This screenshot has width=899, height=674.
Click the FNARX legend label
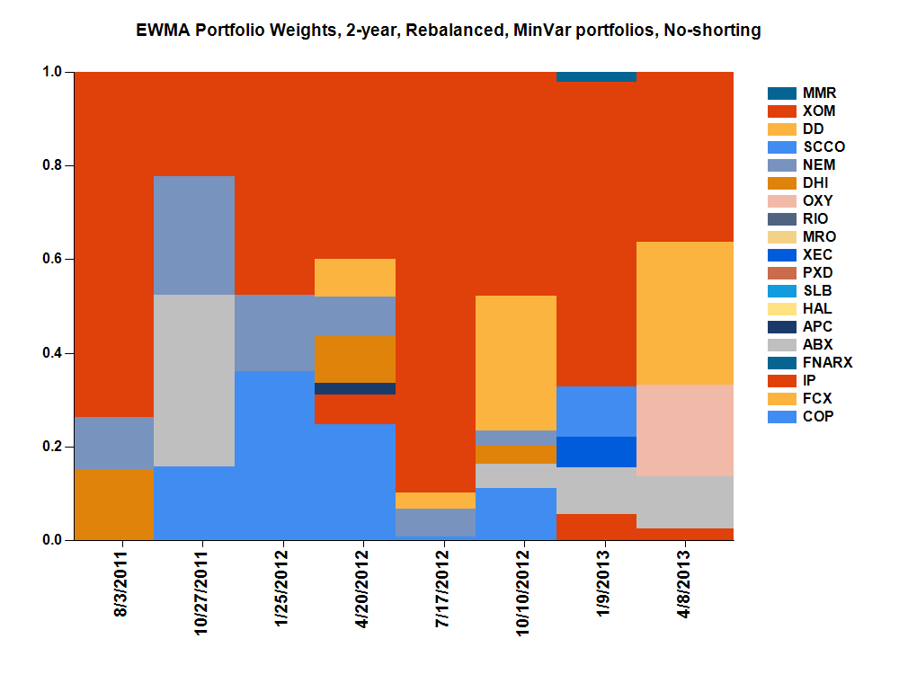tap(826, 363)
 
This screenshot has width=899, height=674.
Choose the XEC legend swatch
tap(782, 255)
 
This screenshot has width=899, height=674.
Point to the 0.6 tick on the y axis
tap(55, 260)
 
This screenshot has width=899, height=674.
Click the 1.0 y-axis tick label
tap(55, 72)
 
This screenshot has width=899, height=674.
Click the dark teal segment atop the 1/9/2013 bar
tap(597, 76)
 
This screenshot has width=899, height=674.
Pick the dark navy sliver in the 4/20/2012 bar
tap(355, 388)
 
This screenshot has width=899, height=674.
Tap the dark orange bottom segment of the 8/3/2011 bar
tap(114, 503)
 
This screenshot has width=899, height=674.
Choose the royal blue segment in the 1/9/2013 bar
tap(597, 452)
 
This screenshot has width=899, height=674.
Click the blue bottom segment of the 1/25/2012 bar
tap(274, 455)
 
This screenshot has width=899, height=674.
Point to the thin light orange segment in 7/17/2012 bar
tap(436, 501)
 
